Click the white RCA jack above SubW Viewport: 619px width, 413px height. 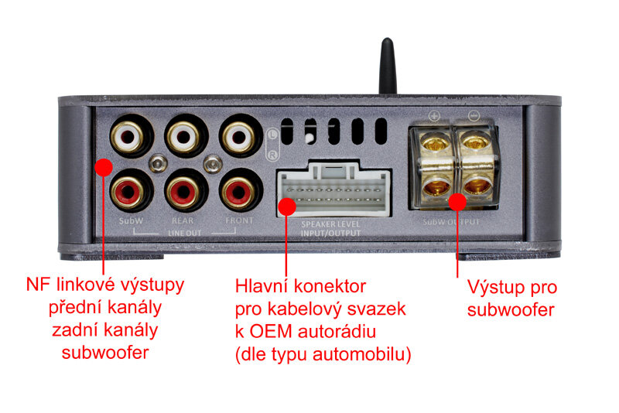[126, 137]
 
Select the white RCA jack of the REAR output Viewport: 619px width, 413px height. [183, 137]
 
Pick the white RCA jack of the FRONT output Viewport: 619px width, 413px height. [238, 137]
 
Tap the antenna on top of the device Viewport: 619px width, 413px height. [387, 67]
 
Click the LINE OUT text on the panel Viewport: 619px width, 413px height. [183, 231]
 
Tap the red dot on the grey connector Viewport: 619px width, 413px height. [287, 206]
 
